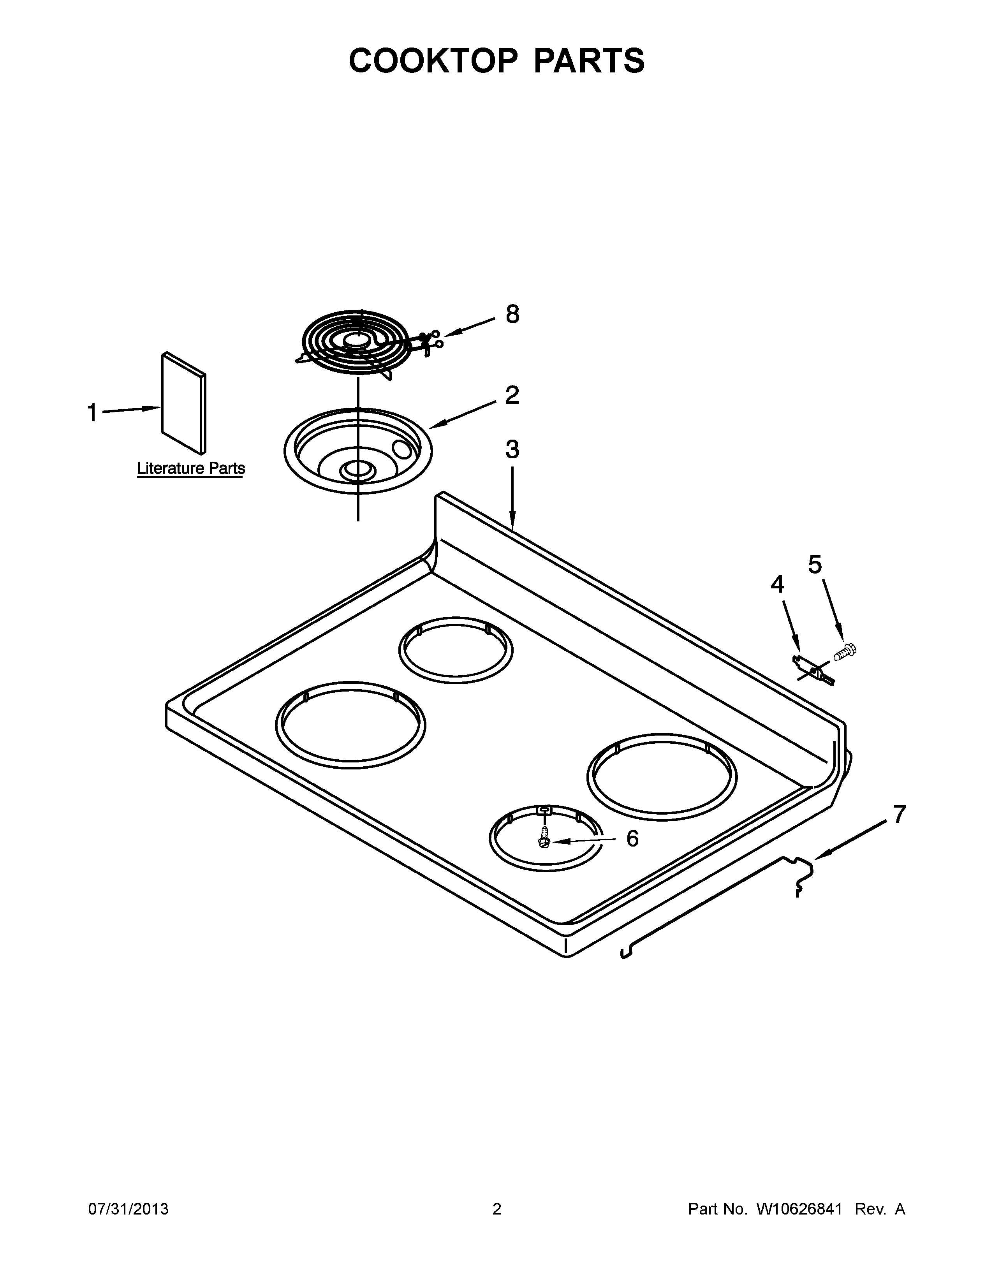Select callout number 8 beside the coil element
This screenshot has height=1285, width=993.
512,314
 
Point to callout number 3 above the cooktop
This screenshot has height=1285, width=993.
512,449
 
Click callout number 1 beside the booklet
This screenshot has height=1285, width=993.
92,413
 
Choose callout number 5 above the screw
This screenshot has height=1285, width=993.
815,565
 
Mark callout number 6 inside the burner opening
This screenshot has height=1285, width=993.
632,839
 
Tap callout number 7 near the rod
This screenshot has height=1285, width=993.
900,814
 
